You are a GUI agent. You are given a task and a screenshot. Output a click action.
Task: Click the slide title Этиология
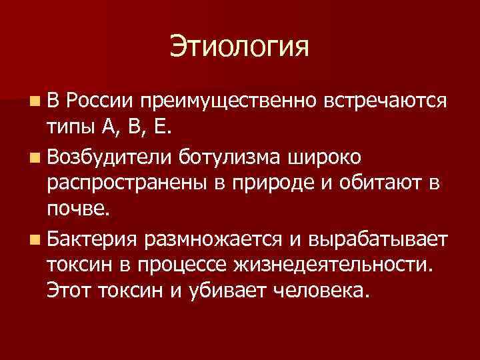(240, 47)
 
